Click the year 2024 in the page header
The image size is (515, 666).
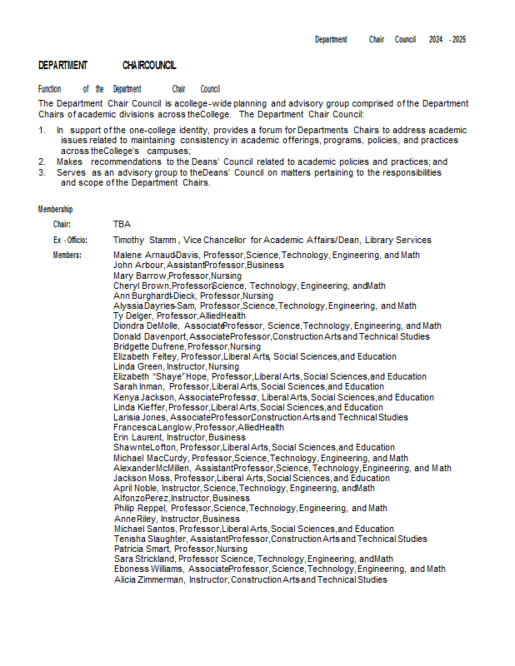436,39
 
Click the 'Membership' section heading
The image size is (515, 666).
55,209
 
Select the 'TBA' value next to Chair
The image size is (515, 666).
122,224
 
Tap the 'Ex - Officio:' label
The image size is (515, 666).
70,240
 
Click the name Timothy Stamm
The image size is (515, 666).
145,240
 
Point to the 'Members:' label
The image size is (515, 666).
67,255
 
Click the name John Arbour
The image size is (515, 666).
138,265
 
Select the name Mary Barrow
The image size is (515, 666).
139,276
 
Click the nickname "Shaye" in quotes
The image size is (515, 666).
167,376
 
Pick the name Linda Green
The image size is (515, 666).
137,366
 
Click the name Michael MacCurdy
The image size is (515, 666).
150,458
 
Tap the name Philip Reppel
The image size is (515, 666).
141,508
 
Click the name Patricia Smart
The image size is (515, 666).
142,549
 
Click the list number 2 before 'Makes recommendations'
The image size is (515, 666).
42,162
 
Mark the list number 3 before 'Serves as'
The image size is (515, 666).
42,172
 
